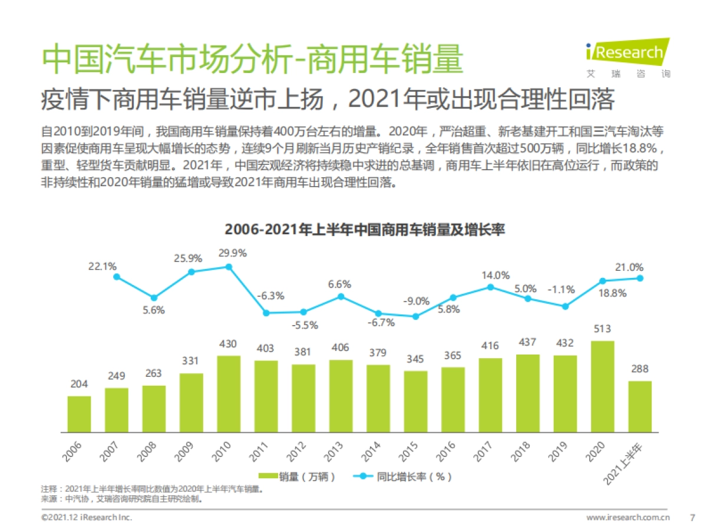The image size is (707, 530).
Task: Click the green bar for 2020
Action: (603, 386)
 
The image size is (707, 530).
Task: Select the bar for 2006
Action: (79, 414)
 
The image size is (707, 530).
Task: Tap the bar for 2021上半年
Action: (640, 406)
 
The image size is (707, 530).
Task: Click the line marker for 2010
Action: (229, 267)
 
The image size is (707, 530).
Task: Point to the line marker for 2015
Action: (415, 316)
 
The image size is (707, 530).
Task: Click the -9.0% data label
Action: (416, 301)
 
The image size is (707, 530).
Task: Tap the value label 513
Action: (602, 329)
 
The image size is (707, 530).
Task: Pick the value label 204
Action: (79, 384)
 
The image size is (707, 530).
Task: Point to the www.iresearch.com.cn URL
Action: (628, 518)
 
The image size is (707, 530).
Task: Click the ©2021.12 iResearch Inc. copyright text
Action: (86, 518)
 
